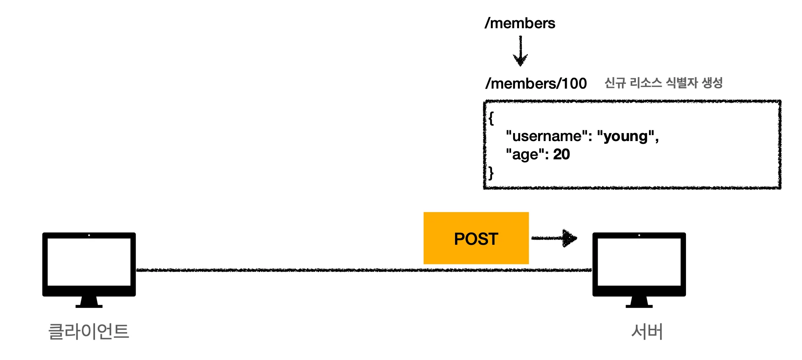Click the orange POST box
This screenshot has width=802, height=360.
click(476, 238)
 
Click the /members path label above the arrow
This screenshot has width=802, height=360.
click(520, 23)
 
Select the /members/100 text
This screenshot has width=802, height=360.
click(536, 83)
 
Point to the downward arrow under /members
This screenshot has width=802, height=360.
click(520, 51)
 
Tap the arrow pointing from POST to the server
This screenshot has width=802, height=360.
click(554, 238)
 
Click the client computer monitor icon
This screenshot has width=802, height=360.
click(89, 270)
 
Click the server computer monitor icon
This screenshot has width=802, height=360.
click(639, 270)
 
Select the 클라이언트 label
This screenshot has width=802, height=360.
click(89, 331)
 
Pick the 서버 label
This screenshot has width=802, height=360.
click(647, 331)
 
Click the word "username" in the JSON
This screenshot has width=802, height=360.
click(547, 136)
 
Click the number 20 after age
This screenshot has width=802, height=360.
click(562, 154)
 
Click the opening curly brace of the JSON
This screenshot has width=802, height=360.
click(491, 118)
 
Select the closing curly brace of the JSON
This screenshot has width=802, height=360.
click(491, 173)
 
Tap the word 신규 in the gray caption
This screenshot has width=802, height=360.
click(615, 83)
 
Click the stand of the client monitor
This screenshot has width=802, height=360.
click(89, 302)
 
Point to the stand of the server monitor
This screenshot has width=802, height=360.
click(639, 302)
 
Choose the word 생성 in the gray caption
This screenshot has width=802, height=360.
click(712, 83)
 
